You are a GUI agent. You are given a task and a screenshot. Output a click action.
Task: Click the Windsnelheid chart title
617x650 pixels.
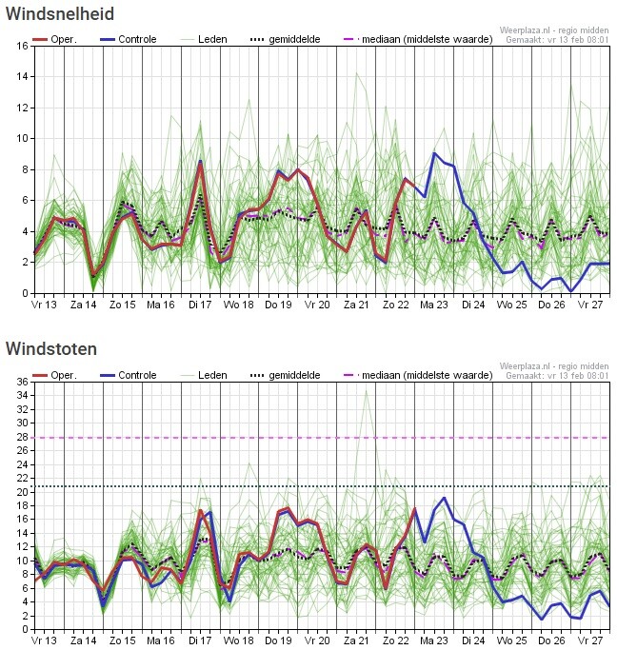point(60,14)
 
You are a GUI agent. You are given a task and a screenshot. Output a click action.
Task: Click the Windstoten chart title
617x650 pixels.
point(50,348)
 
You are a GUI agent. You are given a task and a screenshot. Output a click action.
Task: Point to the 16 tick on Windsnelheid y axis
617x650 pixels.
point(21,46)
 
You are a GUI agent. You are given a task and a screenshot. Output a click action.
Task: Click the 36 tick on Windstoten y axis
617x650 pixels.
point(21,382)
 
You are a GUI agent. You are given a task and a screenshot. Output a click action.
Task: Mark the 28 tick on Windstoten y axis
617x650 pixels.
point(21,438)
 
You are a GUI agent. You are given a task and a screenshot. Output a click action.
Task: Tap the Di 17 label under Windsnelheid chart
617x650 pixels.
point(199,305)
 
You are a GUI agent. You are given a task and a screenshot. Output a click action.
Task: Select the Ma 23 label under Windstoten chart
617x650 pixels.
point(434,641)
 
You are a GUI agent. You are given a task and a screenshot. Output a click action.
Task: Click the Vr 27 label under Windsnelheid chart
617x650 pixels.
point(591,305)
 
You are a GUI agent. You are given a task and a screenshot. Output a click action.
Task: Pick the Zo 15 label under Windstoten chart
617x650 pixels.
point(122,641)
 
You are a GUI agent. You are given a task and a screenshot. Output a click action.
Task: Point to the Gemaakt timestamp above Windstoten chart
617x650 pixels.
point(557,376)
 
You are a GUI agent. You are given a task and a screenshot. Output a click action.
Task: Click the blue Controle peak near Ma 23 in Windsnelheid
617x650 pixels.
point(435,153)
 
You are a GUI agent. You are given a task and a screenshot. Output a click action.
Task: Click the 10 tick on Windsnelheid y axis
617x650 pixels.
point(21,138)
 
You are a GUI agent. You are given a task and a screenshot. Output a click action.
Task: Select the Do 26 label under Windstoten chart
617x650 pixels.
point(551,641)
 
